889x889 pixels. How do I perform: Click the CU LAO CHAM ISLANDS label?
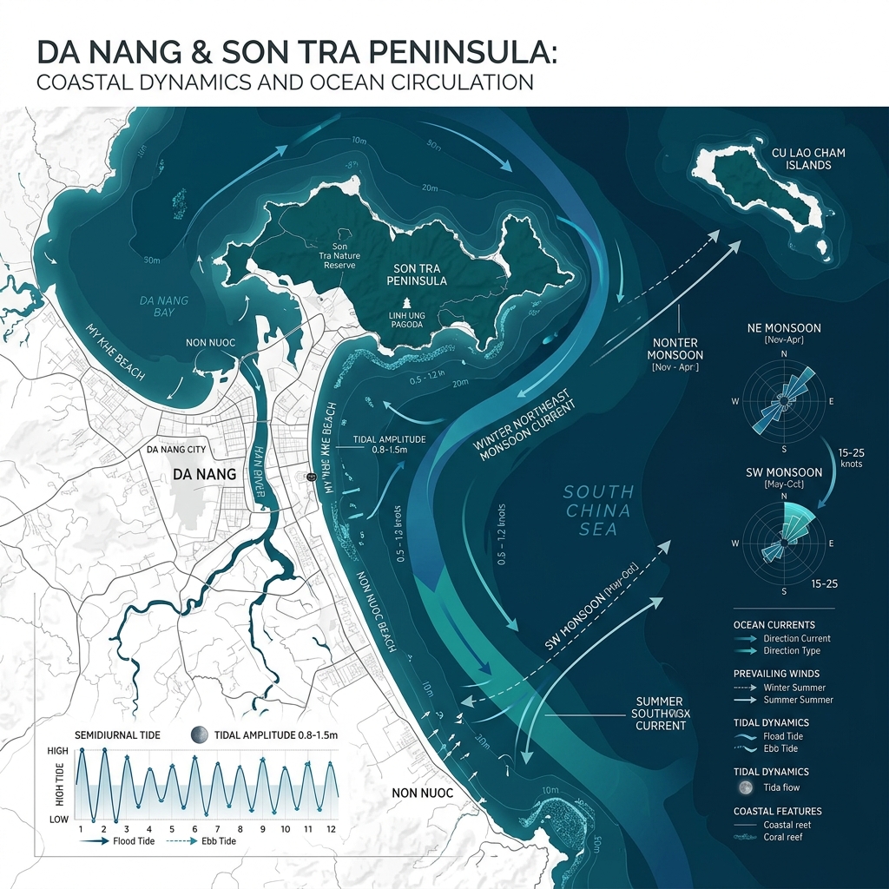[x=807, y=159]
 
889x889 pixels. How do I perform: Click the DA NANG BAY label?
[x=163, y=306]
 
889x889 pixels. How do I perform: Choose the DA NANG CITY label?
[x=176, y=450]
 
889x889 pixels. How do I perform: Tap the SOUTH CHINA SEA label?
[x=598, y=510]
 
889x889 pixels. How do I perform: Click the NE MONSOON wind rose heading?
[x=784, y=329]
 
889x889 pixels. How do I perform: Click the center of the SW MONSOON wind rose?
[x=784, y=543]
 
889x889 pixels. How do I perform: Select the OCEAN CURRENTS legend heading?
[x=774, y=625]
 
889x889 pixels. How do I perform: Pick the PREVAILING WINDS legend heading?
[x=776, y=674]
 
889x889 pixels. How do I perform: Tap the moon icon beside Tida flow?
[x=744, y=787]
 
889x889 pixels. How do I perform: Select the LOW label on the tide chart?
[x=58, y=820]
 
